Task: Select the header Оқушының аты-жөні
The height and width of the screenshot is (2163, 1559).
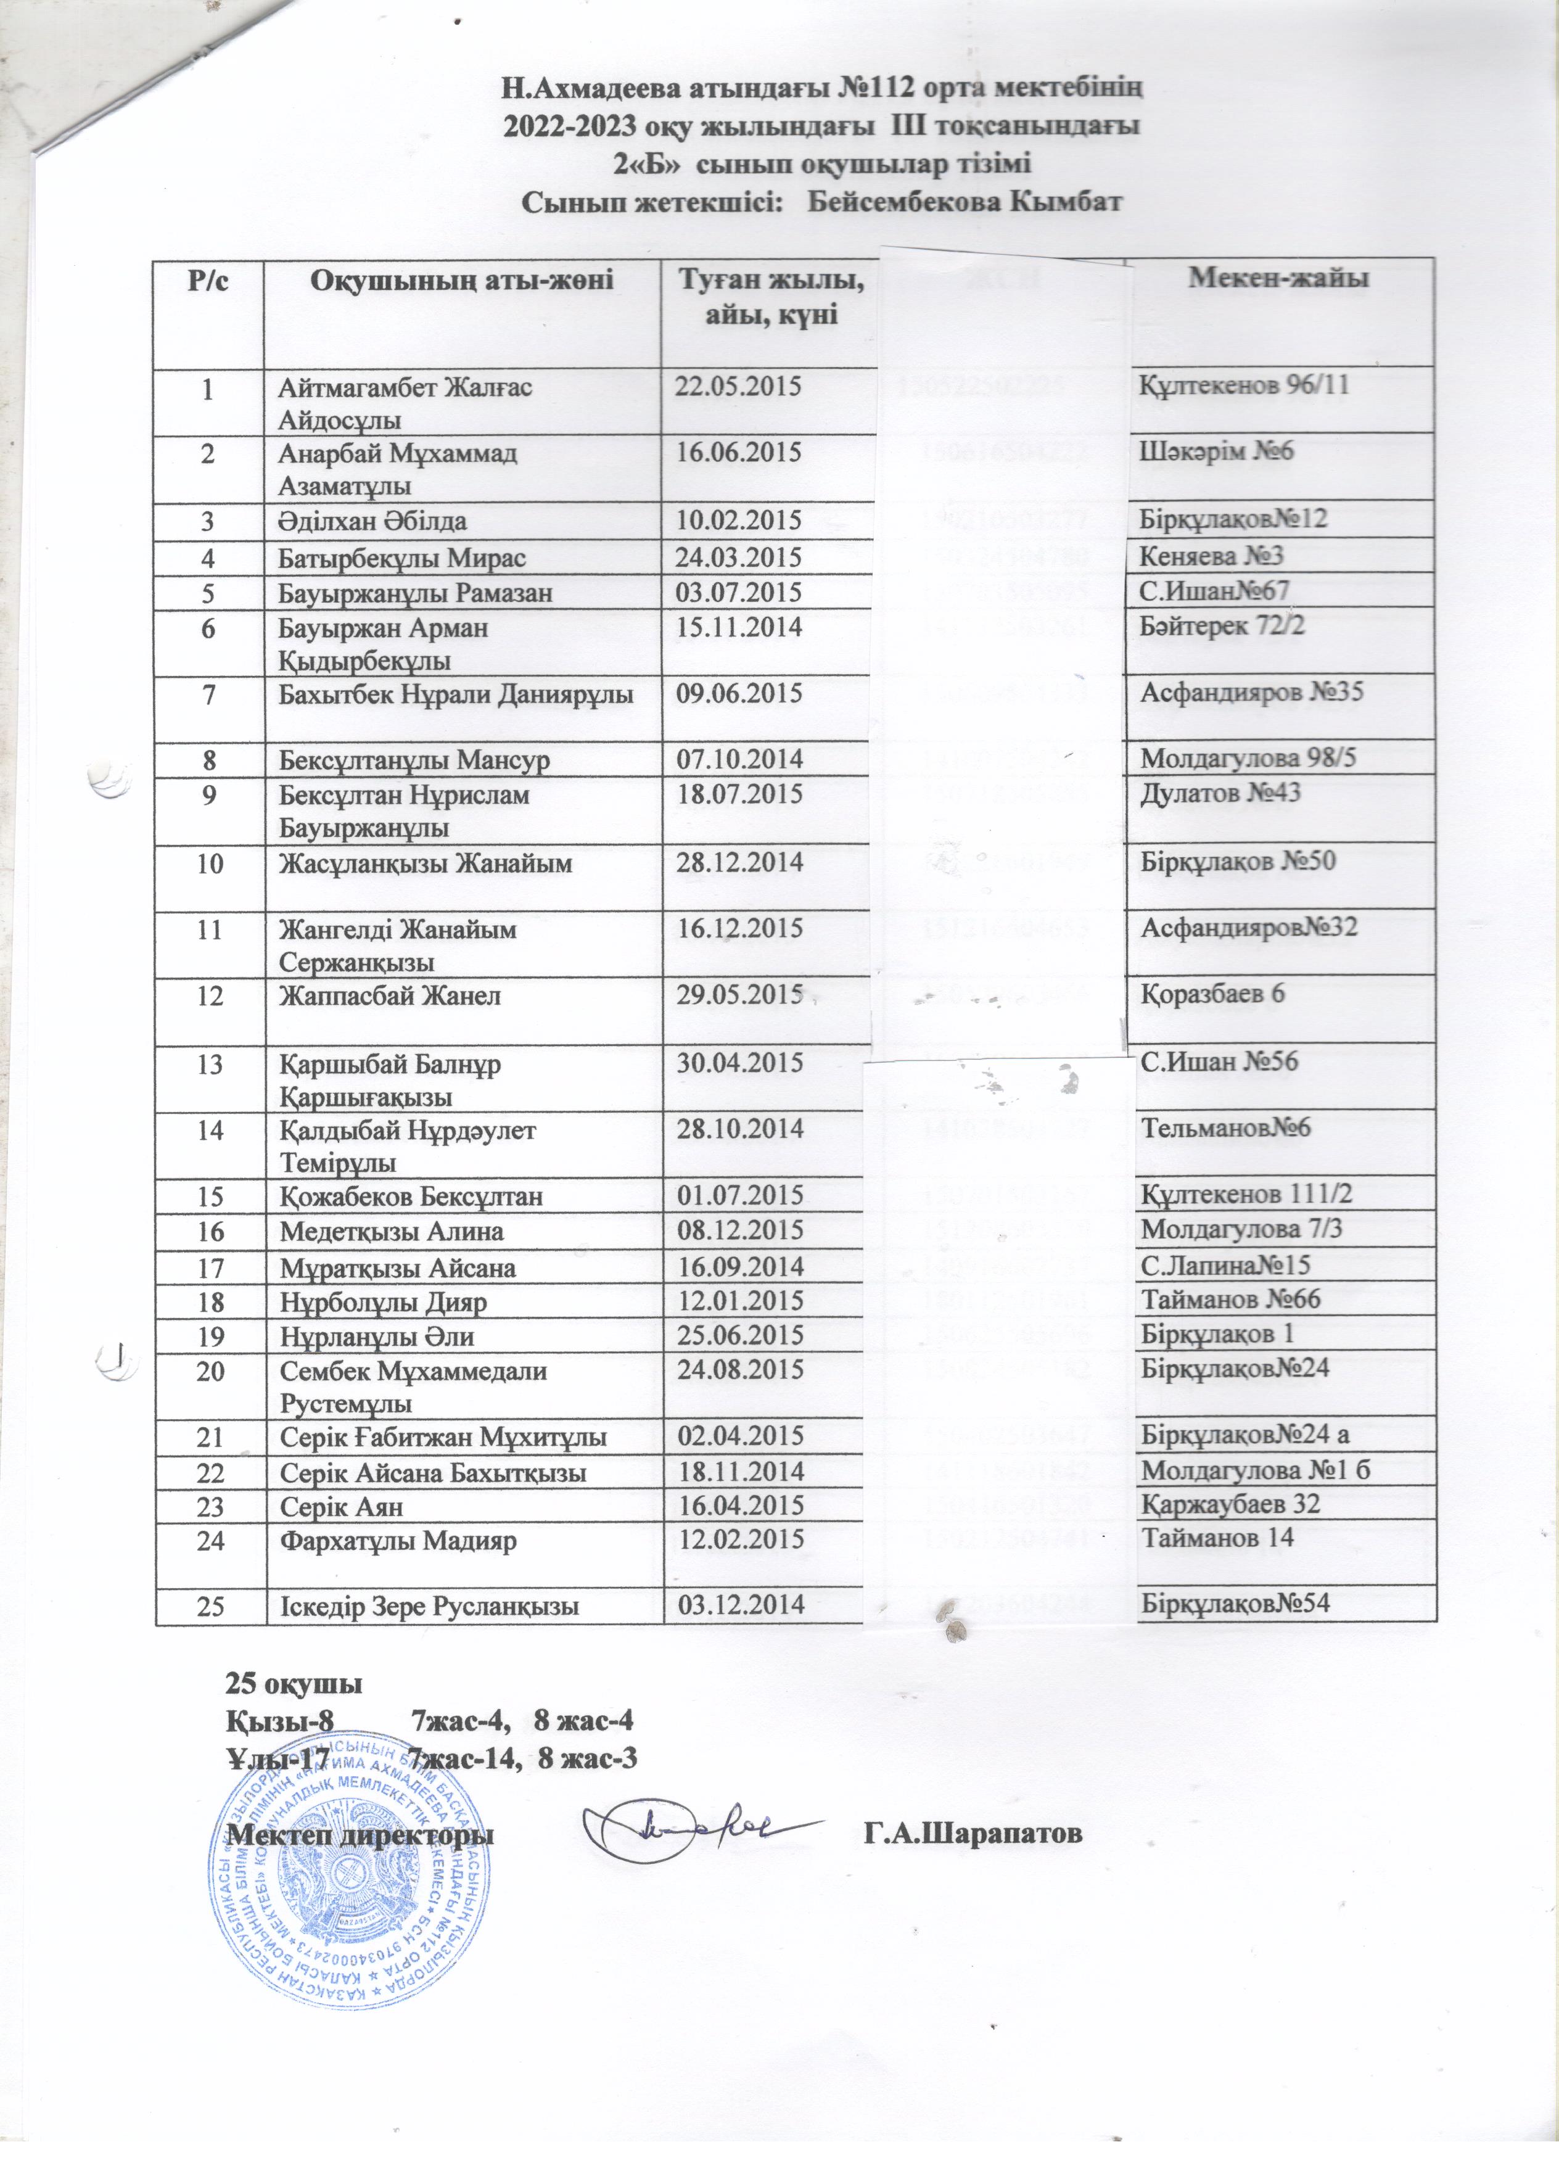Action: [x=461, y=281]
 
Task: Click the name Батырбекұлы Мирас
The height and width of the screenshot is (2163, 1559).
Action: [x=402, y=558]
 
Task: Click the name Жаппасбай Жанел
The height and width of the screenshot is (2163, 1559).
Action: [x=390, y=995]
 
